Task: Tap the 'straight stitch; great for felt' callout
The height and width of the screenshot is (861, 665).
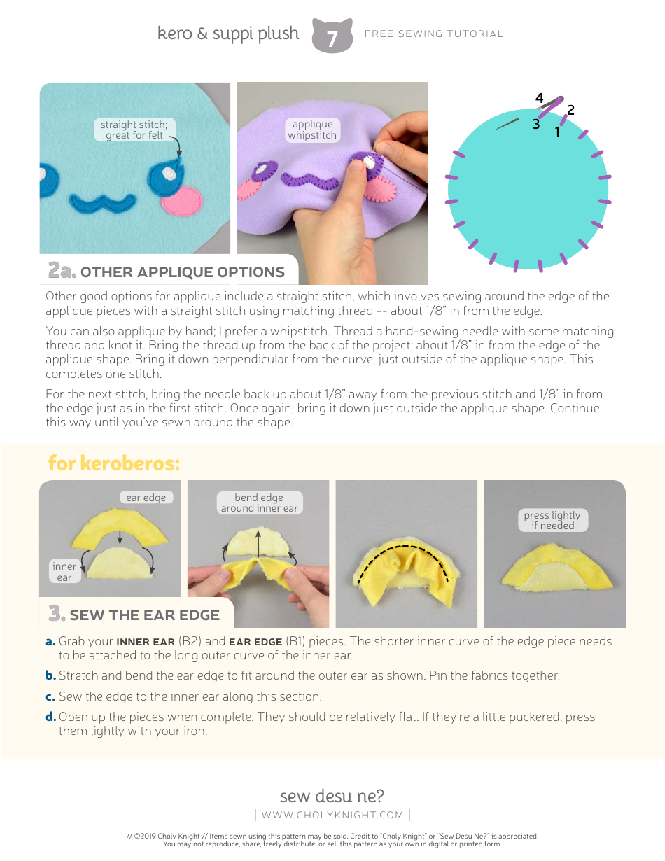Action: pos(134,130)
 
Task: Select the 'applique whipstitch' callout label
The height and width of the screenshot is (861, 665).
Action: pos(312,130)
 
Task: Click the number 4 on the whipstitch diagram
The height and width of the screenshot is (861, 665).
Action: pos(539,98)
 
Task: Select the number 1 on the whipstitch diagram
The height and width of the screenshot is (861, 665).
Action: pos(557,132)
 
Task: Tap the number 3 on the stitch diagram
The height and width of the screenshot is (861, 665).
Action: pos(535,125)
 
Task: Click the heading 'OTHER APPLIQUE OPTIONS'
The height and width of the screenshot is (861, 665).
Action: pos(182,272)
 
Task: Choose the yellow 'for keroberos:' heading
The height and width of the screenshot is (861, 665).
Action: pos(114,463)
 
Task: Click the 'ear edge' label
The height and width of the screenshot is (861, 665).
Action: pos(146,498)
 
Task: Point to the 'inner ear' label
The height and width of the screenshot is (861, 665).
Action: pos(64,572)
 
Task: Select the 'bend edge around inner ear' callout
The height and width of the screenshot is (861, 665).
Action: pos(259,503)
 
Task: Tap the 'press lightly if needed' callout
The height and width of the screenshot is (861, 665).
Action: pos(552,520)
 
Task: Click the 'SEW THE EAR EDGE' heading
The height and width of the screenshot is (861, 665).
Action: pos(144,615)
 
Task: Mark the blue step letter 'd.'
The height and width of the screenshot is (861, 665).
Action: pos(50,717)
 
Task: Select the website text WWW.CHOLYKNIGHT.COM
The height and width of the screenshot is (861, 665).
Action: pos(332,815)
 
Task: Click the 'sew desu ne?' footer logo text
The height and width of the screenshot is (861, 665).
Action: pos(332,797)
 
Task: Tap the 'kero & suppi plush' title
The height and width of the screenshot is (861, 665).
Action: pos(228,34)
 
